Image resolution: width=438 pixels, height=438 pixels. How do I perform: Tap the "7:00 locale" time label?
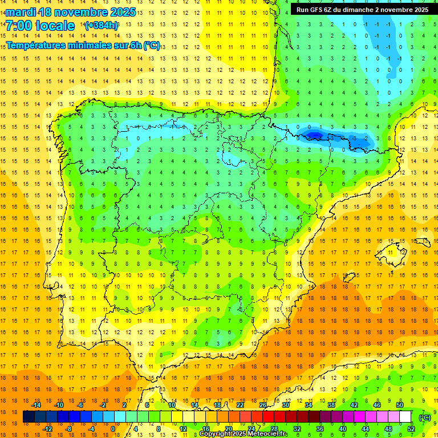click(40, 26)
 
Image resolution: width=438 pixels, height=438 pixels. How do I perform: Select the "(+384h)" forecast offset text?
click(102, 26)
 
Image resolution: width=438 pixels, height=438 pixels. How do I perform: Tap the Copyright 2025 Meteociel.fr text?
click(244, 434)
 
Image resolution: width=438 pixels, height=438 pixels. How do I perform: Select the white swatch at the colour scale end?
click(405, 417)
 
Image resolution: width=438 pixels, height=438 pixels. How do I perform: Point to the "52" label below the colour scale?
click(411, 429)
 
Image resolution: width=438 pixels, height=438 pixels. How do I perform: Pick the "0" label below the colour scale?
click(112, 429)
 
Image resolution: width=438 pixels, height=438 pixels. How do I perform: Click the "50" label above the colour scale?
click(400, 405)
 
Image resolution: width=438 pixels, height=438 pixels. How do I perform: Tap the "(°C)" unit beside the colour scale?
click(424, 417)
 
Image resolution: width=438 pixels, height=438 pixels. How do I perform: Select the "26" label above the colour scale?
click(263, 405)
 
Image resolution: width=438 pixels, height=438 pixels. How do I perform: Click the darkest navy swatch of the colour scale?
click(29, 417)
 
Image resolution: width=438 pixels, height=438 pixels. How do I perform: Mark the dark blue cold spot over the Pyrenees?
click(315, 135)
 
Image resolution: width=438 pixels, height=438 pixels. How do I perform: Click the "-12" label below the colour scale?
click(47, 429)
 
